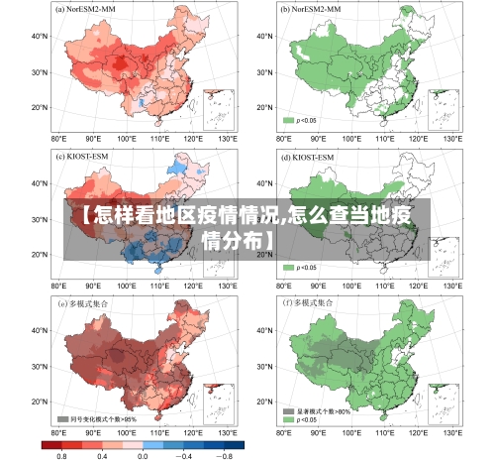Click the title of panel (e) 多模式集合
click(x=86, y=302)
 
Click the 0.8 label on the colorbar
click(x=61, y=454)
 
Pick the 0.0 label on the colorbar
click(x=144, y=454)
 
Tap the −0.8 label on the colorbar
click(x=225, y=454)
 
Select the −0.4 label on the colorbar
click(x=184, y=454)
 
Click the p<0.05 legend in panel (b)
click(x=301, y=120)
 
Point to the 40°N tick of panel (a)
click(x=40, y=36)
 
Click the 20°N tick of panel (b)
click(x=262, y=107)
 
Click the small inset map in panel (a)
click(x=218, y=108)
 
